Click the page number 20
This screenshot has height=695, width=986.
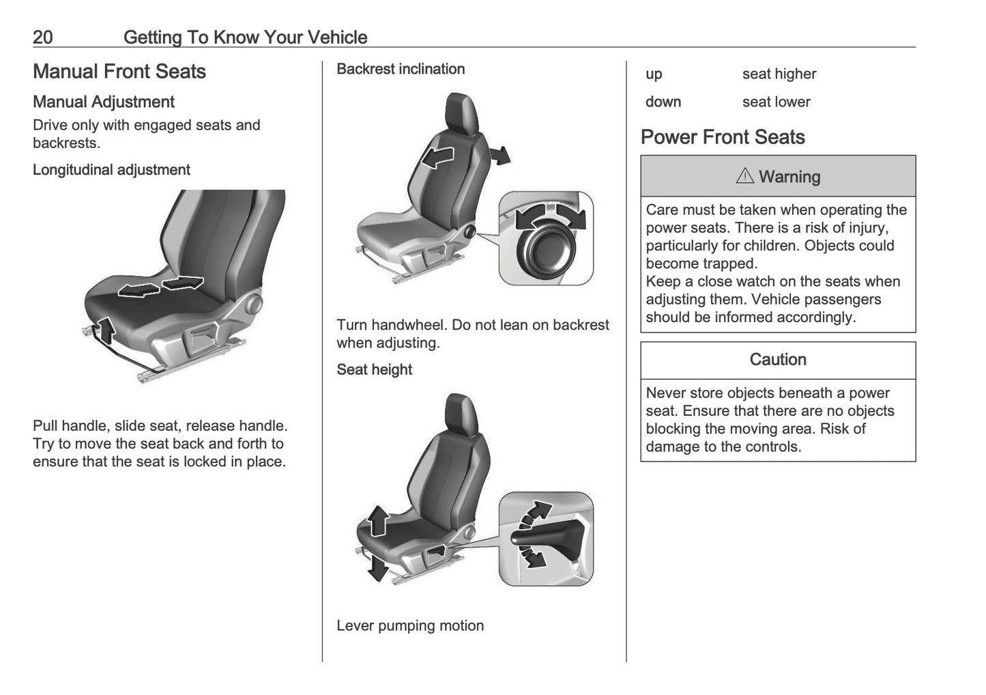click(x=42, y=37)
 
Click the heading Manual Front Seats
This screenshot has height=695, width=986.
click(x=119, y=72)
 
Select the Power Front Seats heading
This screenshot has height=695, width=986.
click(x=723, y=137)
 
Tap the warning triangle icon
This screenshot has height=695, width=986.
click(x=745, y=176)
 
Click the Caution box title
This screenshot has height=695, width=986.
click(x=778, y=360)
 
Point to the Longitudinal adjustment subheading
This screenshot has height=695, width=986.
click(x=111, y=170)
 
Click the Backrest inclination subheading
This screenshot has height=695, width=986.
click(x=401, y=69)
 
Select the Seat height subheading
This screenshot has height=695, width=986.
click(x=374, y=369)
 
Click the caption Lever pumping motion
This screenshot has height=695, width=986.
click(x=410, y=625)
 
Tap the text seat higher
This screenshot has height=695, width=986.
click(x=779, y=74)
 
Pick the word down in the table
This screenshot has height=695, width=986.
click(x=663, y=102)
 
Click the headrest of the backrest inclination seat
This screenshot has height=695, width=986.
click(x=462, y=111)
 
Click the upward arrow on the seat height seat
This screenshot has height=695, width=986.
click(x=377, y=522)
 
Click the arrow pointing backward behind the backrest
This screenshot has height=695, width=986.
click(x=502, y=155)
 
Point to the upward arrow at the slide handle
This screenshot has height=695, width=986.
click(x=105, y=330)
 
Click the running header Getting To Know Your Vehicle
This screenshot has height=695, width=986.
click(x=245, y=37)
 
